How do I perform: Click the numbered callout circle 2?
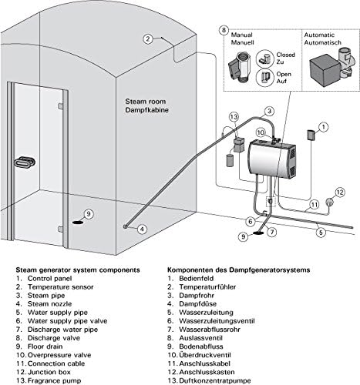(x=148, y=39)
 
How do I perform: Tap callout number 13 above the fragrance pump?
(x=234, y=117)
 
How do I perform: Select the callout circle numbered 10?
(x=261, y=132)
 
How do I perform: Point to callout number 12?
(x=340, y=192)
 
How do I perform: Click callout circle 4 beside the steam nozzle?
(x=143, y=229)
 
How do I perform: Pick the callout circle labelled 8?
(x=224, y=30)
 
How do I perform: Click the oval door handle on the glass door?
(x=25, y=162)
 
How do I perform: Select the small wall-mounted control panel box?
(x=311, y=135)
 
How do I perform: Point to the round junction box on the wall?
(x=329, y=202)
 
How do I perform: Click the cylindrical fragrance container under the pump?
(x=230, y=160)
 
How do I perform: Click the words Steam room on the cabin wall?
(x=146, y=102)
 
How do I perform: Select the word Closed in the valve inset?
(x=285, y=55)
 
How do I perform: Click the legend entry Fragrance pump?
(x=54, y=380)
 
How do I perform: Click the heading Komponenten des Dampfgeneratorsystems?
(x=239, y=270)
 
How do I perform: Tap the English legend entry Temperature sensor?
(x=61, y=286)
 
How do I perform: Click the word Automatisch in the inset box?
(x=323, y=42)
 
